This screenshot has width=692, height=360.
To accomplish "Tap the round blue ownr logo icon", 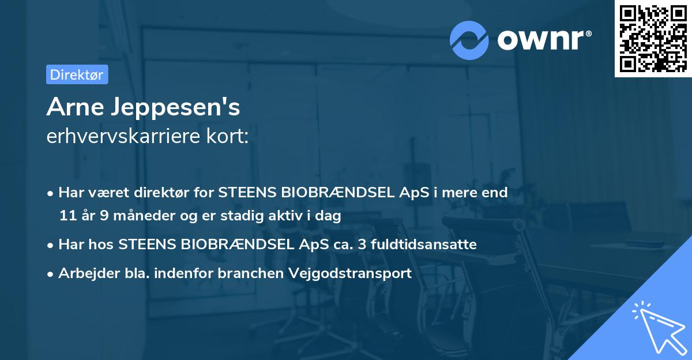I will click(468, 40).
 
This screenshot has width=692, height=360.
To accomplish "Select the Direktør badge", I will click(77, 74).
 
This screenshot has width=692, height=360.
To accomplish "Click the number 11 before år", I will click(67, 216).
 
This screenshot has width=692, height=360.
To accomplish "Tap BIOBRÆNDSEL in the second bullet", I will click(238, 245).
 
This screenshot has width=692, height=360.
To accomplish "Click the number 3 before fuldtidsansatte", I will click(362, 245).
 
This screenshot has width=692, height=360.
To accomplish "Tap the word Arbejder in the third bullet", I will click(84, 273).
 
